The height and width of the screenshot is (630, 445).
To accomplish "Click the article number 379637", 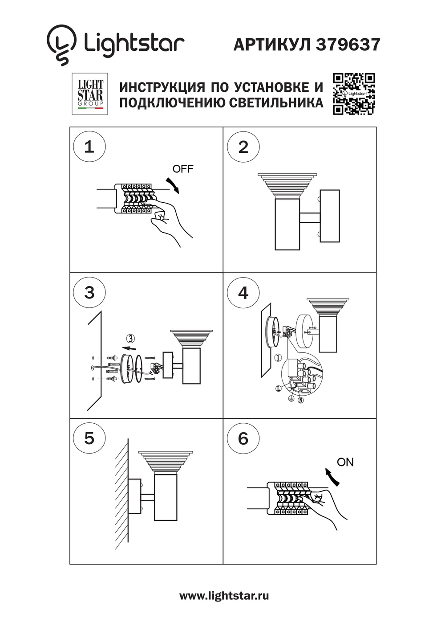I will coord(348,45).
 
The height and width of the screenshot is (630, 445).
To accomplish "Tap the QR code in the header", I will coord(354,94).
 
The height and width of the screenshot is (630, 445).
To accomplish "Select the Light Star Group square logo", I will coord(90,94).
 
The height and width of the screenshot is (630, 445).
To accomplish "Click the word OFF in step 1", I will coord(183,169).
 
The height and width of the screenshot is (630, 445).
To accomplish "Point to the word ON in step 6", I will coord(345,462).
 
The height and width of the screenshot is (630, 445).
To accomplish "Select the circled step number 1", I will coord(89,147).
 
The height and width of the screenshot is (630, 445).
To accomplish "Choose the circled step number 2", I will coord(243,147).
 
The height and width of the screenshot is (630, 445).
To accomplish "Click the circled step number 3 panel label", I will coord(89,292).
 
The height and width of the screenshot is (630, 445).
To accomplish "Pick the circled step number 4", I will coord(243,292).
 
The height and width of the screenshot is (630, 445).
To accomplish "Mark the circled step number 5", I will coord(89,438).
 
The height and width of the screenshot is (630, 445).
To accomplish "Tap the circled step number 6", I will coord(243,438).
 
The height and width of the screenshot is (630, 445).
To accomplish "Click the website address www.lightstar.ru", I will coord(224,596).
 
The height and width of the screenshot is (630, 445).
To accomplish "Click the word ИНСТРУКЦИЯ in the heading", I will coord(162,87).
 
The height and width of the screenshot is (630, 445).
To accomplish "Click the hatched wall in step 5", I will coord(121,495).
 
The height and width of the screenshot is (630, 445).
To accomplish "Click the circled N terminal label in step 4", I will coord(301,400).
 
